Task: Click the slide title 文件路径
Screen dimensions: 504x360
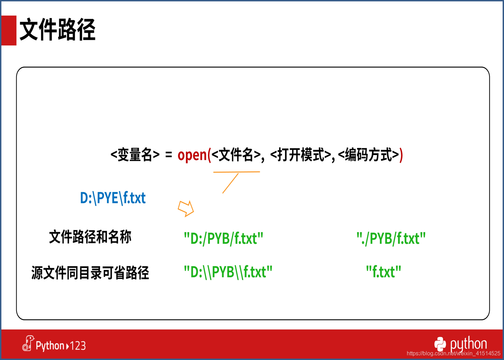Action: point(58,30)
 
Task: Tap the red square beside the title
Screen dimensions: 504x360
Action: point(9,30)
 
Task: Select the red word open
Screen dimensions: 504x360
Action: point(192,155)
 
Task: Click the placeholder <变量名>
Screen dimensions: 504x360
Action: point(135,155)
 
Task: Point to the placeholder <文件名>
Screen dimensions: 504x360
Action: point(236,155)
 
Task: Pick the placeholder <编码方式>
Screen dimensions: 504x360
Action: point(369,155)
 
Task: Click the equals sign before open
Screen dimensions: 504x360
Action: point(169,155)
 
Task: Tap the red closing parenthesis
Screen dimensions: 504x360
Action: point(401,155)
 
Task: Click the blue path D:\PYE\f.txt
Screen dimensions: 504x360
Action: point(113,198)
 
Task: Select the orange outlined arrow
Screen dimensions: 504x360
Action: point(186,209)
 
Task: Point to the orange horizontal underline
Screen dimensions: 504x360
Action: point(236,172)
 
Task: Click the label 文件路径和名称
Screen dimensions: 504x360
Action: point(90,237)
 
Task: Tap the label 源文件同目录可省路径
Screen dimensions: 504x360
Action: point(90,273)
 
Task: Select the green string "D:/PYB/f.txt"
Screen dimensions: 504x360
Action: point(223,238)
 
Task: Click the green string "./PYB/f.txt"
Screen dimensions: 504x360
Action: point(391,238)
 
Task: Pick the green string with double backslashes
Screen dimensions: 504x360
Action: point(228,272)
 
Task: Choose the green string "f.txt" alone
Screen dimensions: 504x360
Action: point(384,272)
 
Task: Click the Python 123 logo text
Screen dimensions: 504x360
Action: point(54,344)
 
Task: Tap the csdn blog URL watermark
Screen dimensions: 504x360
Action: point(453,353)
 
